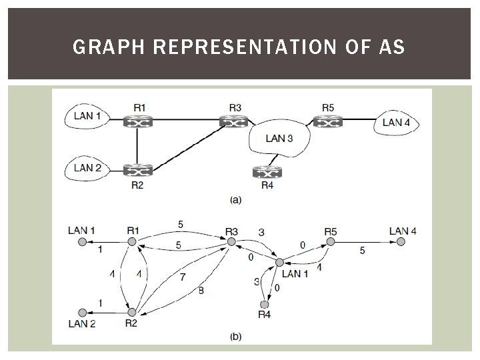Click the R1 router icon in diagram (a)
pos(138,122)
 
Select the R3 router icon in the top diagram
pos(233,122)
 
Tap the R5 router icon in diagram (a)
pos(327,122)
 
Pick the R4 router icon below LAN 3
pos(267,172)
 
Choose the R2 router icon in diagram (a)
pos(138,170)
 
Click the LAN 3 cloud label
pos(279,139)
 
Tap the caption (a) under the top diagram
pos(235,199)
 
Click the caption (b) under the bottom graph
pos(235,337)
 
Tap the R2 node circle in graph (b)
pos(132,312)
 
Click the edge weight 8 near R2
pos(201,290)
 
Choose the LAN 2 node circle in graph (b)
pos(83,312)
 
